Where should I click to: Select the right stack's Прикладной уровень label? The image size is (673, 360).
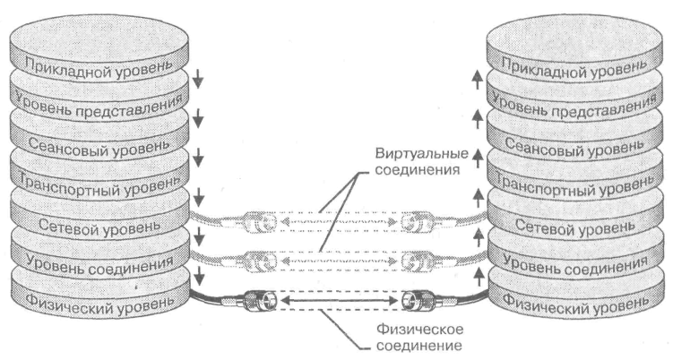pos(572,66)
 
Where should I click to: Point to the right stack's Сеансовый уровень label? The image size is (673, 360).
pos(572,145)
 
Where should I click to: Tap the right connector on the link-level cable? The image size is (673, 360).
pos(416,261)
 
